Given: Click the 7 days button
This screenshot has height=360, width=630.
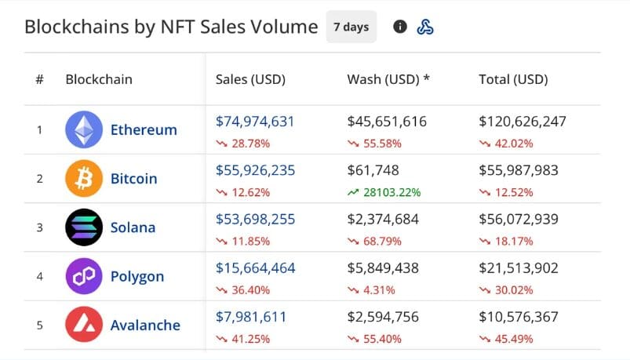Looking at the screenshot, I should tap(351, 27).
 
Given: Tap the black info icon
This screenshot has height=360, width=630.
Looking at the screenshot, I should tap(400, 27).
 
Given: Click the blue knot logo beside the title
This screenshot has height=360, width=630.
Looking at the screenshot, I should tap(424, 27).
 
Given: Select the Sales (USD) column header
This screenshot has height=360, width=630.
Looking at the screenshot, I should tap(250, 79).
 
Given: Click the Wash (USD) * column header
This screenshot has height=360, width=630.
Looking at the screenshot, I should tap(388, 79).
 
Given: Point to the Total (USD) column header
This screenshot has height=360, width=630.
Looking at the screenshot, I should tap(513, 79).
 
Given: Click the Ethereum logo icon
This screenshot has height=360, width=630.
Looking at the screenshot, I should tap(83, 129).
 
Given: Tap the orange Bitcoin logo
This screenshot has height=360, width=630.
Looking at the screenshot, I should tap(83, 178).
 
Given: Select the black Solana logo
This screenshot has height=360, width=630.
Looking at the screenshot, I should tap(83, 227).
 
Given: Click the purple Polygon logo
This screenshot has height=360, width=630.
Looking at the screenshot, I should tap(83, 276).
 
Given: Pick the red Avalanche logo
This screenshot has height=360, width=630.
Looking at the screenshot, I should tap(83, 325).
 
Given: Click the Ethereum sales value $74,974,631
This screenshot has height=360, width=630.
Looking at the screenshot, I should tap(255, 122).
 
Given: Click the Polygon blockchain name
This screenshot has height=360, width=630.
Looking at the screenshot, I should tap(137, 276).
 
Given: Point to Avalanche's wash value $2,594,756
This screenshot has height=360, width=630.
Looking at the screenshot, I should tap(383, 317).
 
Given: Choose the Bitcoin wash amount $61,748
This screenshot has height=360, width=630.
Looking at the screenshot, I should tap(373, 170).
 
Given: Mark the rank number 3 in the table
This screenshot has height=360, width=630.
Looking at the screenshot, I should tap(39, 227).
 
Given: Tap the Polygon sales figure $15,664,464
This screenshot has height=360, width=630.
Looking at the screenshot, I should tap(255, 268).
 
